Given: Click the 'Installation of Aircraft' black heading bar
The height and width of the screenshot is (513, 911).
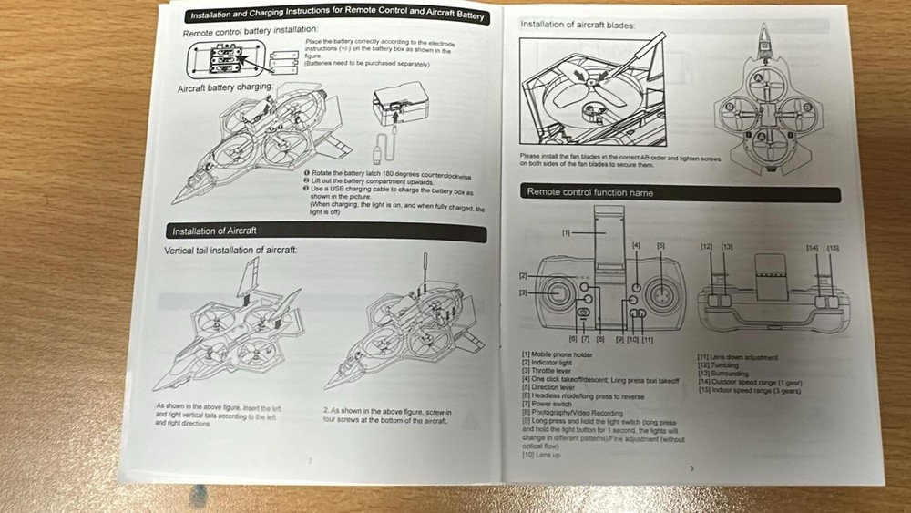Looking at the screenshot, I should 214,231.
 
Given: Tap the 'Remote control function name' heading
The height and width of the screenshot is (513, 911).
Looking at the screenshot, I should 590,192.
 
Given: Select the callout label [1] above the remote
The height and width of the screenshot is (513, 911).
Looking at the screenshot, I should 567,232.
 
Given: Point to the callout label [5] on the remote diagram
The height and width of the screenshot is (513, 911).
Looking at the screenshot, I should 661,245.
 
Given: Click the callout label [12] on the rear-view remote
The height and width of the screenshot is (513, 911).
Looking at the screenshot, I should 707,247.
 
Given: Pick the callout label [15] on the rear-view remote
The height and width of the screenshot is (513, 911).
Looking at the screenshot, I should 833,248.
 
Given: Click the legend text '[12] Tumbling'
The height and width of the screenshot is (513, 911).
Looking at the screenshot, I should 719,364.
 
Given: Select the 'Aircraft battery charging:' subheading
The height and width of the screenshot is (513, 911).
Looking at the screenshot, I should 225,87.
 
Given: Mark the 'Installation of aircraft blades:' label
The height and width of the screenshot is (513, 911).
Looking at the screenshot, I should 577,25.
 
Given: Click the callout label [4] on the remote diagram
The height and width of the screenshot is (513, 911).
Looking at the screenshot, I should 636,245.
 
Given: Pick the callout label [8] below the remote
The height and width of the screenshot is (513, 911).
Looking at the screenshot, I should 600,338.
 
